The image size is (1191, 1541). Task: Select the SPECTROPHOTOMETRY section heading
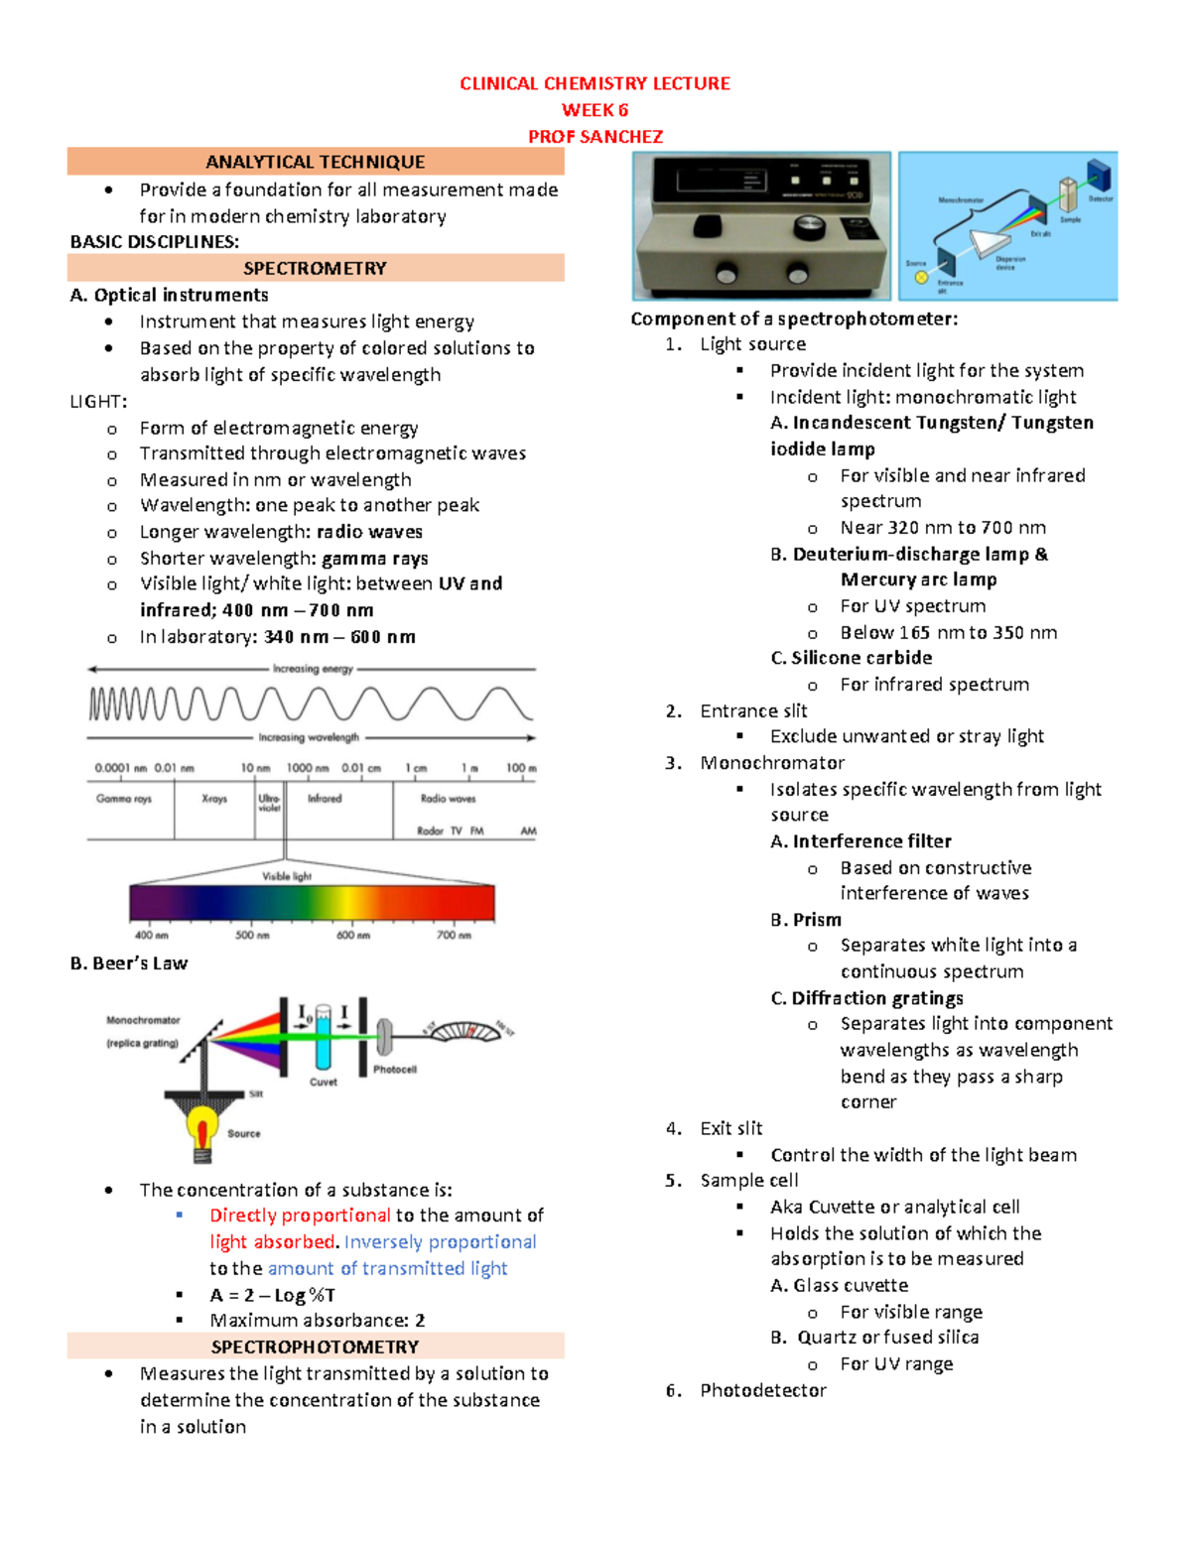pyautogui.click(x=315, y=1347)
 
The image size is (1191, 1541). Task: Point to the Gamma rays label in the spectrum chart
pyautogui.click(x=124, y=799)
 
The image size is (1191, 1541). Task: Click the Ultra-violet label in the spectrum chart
pyautogui.click(x=269, y=802)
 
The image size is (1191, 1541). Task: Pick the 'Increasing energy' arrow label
pyautogui.click(x=313, y=669)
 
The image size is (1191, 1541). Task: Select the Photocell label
pyautogui.click(x=395, y=1070)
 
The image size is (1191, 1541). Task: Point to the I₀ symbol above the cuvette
pyautogui.click(x=305, y=1013)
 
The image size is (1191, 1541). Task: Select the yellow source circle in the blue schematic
pyautogui.click(x=921, y=278)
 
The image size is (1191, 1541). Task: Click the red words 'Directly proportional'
pyautogui.click(x=300, y=1216)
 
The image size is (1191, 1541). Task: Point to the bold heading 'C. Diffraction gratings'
pyautogui.click(x=866, y=998)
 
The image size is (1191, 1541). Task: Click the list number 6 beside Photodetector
pyautogui.click(x=673, y=1390)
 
